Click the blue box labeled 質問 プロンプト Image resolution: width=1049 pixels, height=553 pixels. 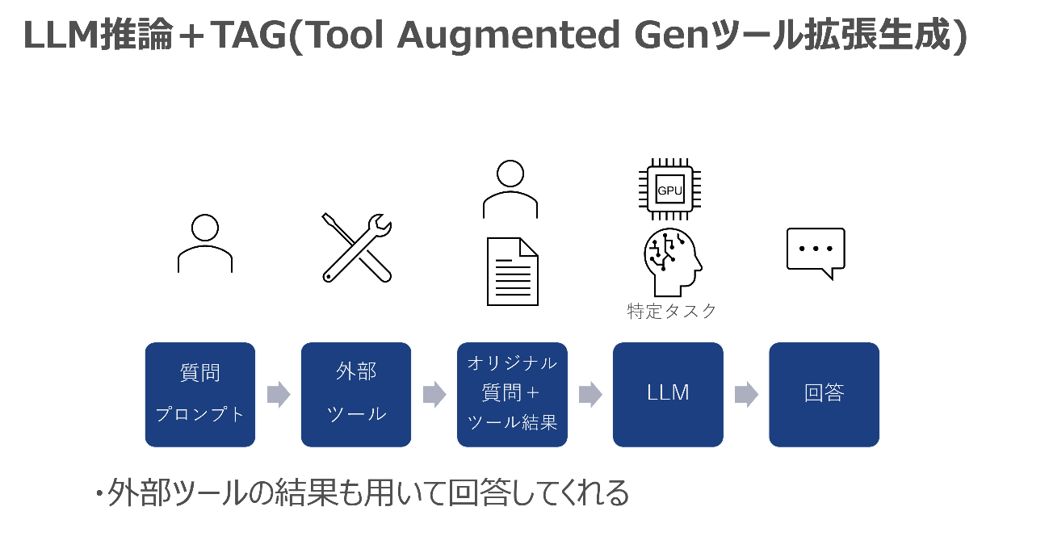(x=200, y=394)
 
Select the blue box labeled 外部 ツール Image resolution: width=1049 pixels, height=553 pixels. (x=356, y=394)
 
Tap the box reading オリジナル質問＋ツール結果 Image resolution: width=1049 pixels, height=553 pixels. (x=512, y=394)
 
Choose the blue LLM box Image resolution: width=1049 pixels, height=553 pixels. (x=668, y=394)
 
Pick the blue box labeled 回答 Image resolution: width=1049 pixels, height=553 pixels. (x=824, y=394)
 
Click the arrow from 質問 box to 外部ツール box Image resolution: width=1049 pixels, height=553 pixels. (x=279, y=394)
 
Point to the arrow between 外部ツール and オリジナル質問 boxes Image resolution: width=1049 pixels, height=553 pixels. (x=434, y=394)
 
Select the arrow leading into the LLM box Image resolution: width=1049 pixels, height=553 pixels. (x=590, y=394)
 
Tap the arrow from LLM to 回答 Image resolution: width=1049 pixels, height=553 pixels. (x=746, y=394)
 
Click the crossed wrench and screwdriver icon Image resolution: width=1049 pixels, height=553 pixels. (x=357, y=248)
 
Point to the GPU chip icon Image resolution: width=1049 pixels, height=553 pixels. (x=669, y=189)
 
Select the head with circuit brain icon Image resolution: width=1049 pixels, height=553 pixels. (x=673, y=262)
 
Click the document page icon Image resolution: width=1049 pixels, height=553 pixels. (x=512, y=271)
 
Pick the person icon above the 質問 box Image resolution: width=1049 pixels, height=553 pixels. (x=205, y=243)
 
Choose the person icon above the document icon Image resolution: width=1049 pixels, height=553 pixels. (x=510, y=189)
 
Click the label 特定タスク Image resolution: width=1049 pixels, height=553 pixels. (x=672, y=311)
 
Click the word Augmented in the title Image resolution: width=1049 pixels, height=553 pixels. (x=509, y=36)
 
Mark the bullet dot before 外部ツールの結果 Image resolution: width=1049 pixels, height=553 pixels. (x=99, y=493)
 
